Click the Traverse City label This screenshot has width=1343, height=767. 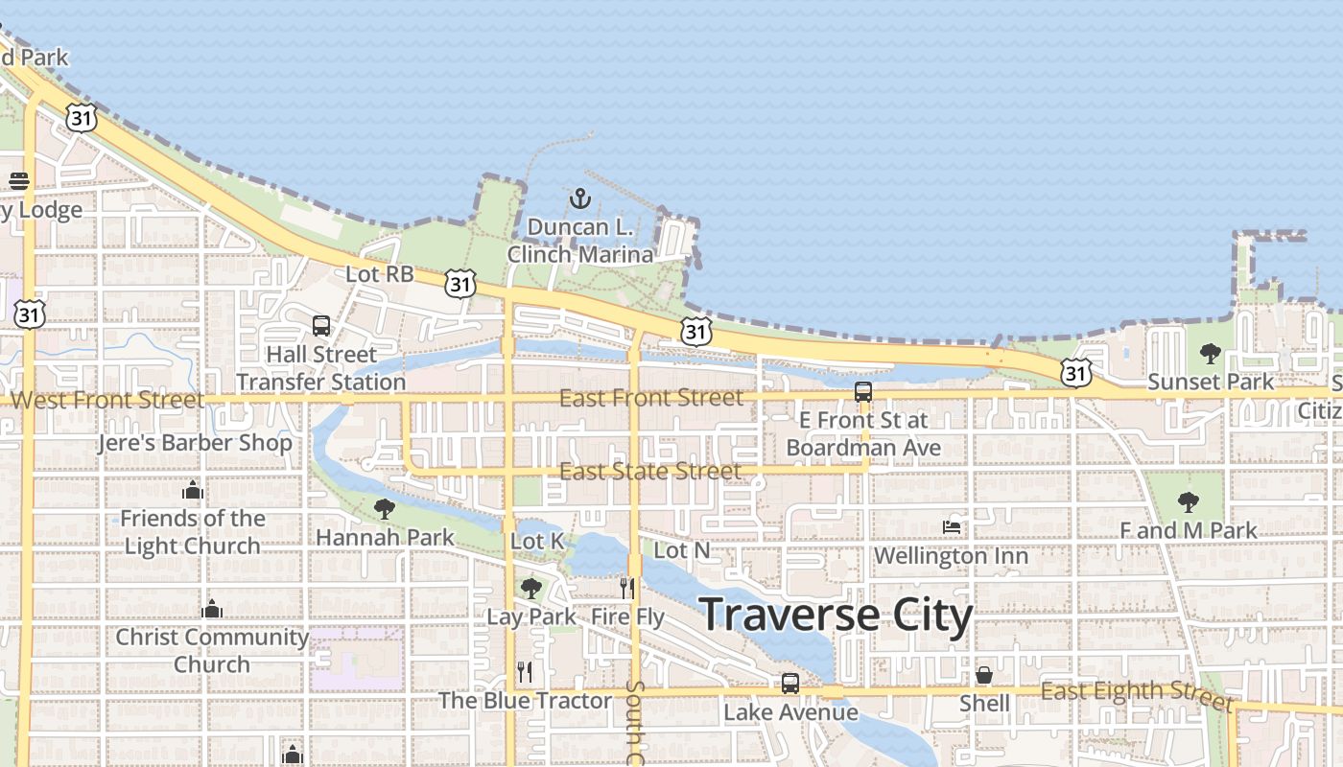[x=836, y=616]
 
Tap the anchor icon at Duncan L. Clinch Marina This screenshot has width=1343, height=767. [x=579, y=198]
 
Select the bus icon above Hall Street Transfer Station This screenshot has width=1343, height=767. [x=321, y=326]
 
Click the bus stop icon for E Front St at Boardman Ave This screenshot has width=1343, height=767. [x=863, y=392]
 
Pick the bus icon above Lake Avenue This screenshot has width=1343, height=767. [x=789, y=684]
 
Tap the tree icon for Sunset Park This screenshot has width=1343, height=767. [x=1211, y=354]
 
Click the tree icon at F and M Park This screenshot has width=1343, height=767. [x=1188, y=501]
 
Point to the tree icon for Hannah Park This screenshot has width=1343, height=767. [x=385, y=508]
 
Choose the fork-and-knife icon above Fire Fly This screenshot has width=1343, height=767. [x=627, y=588]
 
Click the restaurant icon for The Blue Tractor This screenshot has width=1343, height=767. [x=524, y=671]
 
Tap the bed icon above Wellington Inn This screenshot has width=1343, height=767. [x=952, y=526]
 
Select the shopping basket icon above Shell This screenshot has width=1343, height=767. [x=984, y=675]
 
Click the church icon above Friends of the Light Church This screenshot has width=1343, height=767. [x=193, y=491]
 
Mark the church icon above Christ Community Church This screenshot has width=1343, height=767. [x=212, y=609]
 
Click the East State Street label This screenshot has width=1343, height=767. [x=650, y=471]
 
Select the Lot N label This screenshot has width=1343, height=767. [x=681, y=550]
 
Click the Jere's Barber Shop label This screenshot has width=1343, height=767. [x=195, y=443]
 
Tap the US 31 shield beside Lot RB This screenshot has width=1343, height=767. [x=460, y=283]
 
